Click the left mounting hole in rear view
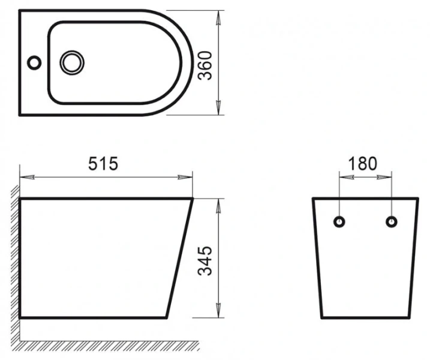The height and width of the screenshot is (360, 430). point(340,221)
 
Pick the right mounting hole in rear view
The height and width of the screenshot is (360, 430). point(391,221)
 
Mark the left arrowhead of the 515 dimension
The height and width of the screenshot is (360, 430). point(25,177)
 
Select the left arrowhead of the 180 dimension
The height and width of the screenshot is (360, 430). point(344,177)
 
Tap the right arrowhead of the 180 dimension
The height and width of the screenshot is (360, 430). point(387,177)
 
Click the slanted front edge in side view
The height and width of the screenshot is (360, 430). point(180,258)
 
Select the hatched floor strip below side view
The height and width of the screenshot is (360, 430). point(108,345)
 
